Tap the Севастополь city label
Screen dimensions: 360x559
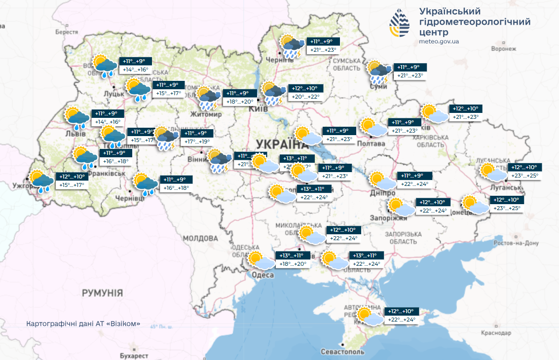point(342,352)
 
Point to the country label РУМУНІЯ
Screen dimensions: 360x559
point(102,293)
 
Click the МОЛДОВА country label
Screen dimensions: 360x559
point(200,238)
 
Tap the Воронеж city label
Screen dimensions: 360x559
point(504,49)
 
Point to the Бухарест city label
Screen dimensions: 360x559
point(134,355)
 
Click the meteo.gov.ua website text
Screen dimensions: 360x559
point(439,41)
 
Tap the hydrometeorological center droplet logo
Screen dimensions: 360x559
point(399,23)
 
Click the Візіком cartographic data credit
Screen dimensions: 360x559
point(84,324)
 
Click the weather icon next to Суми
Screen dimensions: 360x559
point(380,72)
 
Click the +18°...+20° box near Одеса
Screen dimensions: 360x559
point(293,264)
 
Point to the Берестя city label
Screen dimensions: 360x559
point(67,31)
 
